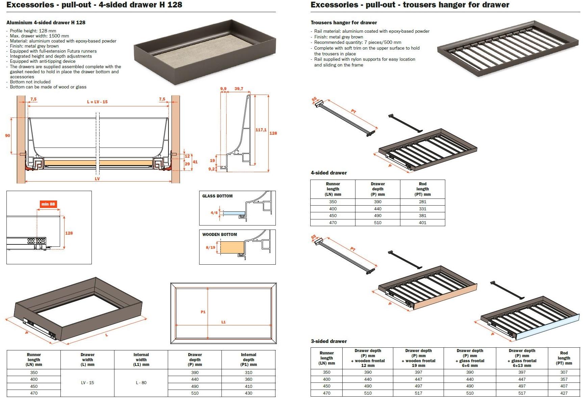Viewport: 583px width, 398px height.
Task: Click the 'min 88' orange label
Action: pos(48,204)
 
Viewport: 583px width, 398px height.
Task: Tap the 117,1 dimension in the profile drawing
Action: pos(261,130)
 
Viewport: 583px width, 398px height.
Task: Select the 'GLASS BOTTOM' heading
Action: pos(217,196)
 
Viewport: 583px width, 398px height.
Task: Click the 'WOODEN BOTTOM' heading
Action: pos(219,234)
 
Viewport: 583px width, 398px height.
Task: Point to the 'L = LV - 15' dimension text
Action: pos(97,102)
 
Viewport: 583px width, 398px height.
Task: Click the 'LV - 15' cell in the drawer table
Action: pos(87,382)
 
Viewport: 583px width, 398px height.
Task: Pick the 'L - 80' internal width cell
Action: pos(141,382)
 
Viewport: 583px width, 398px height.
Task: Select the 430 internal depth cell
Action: pos(248,393)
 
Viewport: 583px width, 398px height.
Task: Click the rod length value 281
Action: pos(422,202)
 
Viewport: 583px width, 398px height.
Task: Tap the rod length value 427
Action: pos(564,393)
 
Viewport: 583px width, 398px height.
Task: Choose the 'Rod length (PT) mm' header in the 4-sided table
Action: pos(422,189)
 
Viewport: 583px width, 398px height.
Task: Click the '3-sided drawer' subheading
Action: pos(329,341)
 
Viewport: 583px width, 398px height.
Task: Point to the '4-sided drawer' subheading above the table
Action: pos(329,173)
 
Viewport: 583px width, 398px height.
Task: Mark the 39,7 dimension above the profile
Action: pos(239,89)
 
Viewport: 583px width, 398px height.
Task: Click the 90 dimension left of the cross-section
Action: pos(7,135)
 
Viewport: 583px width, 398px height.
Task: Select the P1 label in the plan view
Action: pos(203,312)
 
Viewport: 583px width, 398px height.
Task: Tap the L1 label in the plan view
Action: pos(223,322)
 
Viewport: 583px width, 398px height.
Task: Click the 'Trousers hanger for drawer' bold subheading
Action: pos(344,23)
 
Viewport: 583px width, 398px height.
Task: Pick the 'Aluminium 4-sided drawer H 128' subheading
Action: pos(46,23)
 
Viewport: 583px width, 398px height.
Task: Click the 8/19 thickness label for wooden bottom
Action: pos(210,247)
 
